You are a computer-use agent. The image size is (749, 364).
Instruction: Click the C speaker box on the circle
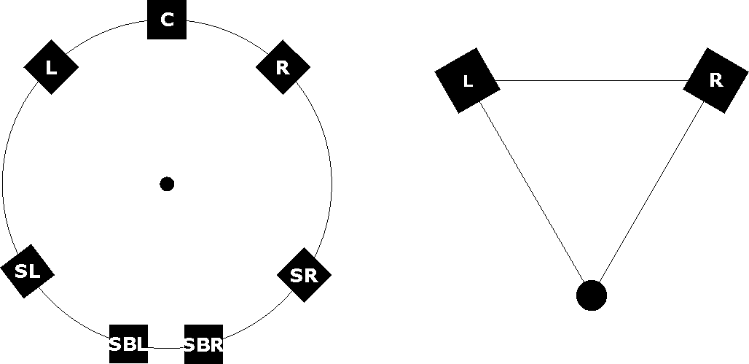pos(167,20)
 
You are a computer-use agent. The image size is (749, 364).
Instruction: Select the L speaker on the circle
pos(51,67)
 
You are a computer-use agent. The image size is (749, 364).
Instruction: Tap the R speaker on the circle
pos(283,67)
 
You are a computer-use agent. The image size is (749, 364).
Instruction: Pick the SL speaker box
pos(27,271)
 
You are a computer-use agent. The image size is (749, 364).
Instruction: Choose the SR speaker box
pos(304,275)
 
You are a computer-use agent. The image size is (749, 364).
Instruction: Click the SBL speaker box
pos(128,343)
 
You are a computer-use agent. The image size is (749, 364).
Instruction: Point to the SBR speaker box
pos(203,344)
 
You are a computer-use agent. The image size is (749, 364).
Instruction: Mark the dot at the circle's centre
pos(167,184)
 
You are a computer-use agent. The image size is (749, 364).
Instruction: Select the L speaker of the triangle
pos(467,80)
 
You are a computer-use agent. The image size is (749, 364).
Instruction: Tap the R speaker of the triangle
pos(715,80)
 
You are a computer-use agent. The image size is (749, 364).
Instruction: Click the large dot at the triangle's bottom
pos(591,295)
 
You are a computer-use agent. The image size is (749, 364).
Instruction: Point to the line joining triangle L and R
pos(591,80)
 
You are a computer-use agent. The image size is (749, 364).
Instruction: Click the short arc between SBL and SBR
pos(167,349)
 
